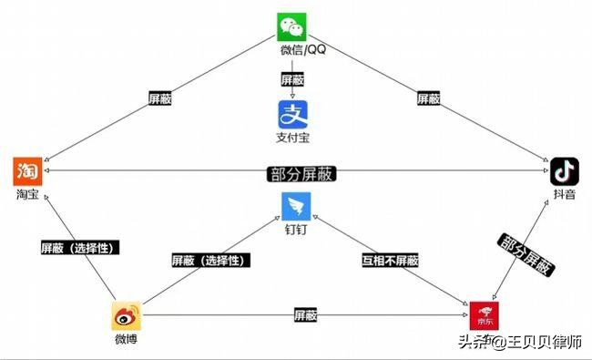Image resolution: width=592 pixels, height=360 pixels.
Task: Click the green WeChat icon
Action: click(292, 26)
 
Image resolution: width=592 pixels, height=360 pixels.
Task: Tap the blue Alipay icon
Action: click(292, 115)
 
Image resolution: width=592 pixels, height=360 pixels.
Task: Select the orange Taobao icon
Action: click(27, 171)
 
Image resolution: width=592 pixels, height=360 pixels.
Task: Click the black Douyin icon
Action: click(565, 171)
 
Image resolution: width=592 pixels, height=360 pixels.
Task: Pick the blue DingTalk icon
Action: click(297, 206)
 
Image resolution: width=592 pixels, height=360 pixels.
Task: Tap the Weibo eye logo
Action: click(126, 316)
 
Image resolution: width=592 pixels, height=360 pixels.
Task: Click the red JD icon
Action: click(483, 314)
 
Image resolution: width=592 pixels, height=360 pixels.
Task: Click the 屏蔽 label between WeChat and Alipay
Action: click(292, 79)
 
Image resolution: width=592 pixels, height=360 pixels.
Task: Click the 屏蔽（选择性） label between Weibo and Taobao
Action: click(80, 247)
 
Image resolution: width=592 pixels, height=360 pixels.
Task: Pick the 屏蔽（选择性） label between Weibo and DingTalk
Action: click(209, 260)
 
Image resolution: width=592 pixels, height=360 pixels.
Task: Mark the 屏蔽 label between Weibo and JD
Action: click(305, 315)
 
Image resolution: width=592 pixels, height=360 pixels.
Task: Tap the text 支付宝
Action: click(292, 139)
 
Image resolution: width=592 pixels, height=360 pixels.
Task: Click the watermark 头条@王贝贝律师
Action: click(519, 343)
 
